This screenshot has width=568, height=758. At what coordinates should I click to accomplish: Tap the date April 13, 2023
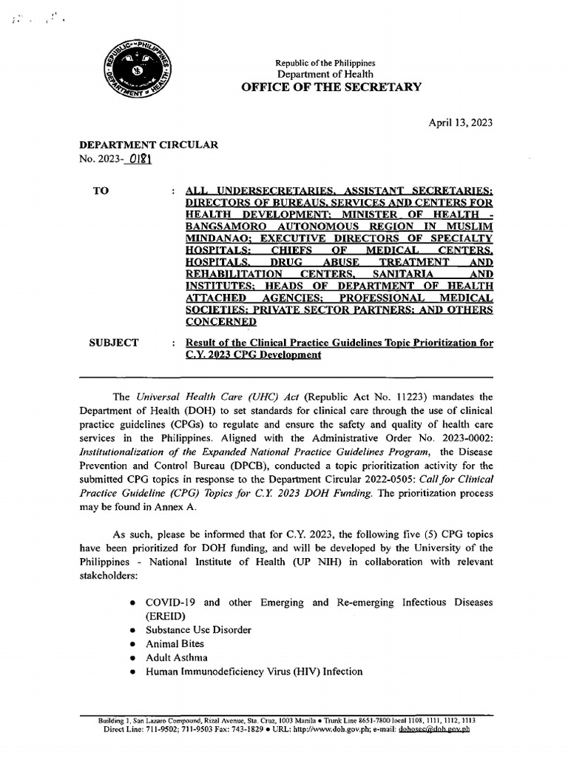tap(460, 123)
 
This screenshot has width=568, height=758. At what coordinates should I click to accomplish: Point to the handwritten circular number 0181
tap(139, 159)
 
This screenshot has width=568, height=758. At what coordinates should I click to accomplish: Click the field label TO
tap(101, 191)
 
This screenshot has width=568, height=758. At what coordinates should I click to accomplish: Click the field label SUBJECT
tap(114, 342)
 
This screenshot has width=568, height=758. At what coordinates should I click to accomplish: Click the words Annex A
tap(171, 509)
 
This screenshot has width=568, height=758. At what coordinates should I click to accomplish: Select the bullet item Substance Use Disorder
tap(198, 629)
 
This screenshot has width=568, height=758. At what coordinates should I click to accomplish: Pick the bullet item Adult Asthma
tap(177, 657)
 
